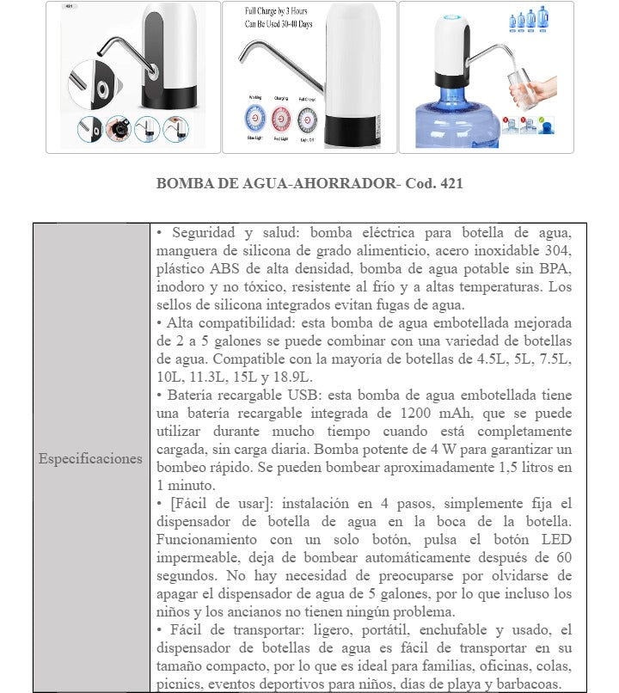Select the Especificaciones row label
(90, 458)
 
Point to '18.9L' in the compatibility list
(294, 377)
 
